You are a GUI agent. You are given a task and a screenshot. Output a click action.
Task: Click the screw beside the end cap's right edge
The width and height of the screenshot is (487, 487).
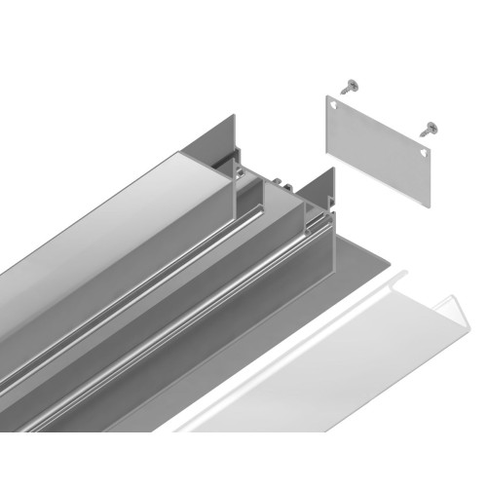click(426, 127)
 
